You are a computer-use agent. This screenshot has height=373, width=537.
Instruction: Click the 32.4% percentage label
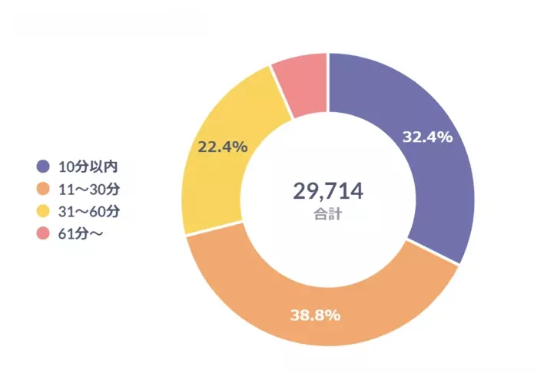[427, 137]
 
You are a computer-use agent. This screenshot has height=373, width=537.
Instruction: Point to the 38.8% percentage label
[315, 315]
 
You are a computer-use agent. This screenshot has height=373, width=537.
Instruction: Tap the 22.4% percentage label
[223, 147]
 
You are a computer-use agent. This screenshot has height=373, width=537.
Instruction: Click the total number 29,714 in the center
[328, 191]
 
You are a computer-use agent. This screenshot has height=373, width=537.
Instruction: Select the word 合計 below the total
[328, 214]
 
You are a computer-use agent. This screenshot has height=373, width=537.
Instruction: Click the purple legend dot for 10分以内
[43, 166]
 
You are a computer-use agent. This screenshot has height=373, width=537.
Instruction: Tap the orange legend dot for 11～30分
[43, 188]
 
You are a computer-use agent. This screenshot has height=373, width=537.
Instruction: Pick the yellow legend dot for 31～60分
[43, 211]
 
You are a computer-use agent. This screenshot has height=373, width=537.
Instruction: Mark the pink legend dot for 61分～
[43, 233]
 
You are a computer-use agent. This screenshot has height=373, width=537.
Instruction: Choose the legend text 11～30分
[87, 188]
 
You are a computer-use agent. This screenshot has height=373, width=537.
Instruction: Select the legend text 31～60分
[87, 211]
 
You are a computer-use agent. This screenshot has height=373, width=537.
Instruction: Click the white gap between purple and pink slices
[328, 77]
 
